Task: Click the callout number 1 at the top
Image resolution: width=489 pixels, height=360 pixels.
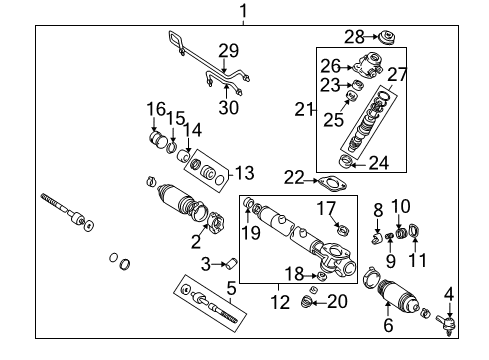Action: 241,11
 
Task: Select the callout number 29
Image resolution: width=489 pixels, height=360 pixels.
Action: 229,50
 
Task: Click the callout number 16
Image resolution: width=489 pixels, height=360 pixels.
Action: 155,108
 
